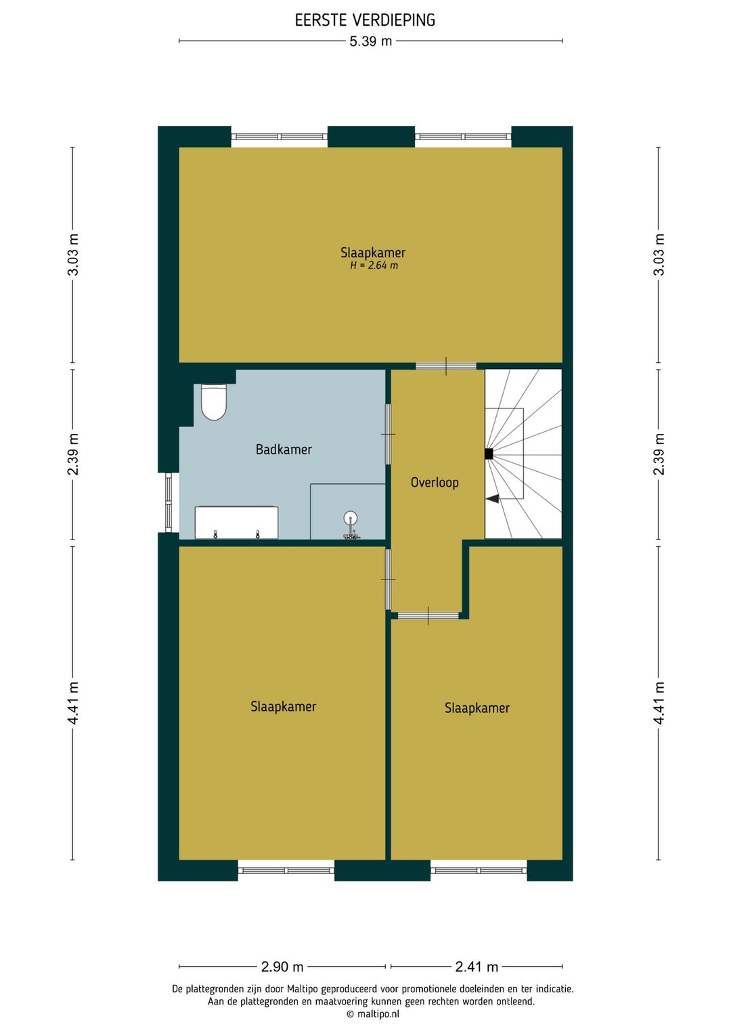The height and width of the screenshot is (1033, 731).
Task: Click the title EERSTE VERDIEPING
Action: (365, 20)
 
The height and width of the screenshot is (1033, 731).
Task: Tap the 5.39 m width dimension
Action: (370, 41)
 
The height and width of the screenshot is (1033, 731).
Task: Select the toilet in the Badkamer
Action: (214, 402)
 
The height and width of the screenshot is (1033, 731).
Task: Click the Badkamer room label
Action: (284, 449)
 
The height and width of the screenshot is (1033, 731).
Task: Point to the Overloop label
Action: (435, 483)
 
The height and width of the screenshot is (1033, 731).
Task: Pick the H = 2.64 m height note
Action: (374, 265)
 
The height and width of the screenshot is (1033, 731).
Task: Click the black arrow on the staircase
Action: (492, 498)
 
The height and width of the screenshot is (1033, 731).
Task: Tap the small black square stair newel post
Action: (489, 454)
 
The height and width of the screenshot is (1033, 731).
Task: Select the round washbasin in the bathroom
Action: (351, 518)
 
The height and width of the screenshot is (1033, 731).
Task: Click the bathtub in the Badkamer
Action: (236, 523)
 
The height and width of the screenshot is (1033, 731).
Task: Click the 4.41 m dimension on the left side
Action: (73, 703)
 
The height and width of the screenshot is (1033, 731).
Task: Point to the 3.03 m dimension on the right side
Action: (659, 255)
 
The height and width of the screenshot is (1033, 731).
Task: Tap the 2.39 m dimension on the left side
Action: (73, 454)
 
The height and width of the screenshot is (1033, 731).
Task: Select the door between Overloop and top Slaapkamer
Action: (446, 366)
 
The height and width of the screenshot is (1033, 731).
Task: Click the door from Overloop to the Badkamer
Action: (389, 434)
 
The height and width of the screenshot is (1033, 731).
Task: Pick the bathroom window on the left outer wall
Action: (169, 503)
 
